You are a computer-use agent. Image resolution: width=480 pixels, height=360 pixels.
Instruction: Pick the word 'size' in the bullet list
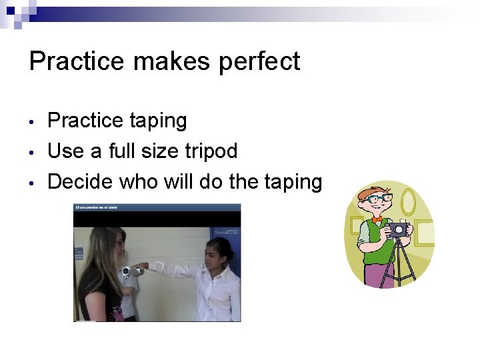pos(158,151)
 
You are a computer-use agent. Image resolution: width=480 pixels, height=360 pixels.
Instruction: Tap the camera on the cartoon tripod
pos(398,230)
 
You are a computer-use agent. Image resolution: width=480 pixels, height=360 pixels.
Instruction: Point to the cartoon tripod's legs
pos(400,263)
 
